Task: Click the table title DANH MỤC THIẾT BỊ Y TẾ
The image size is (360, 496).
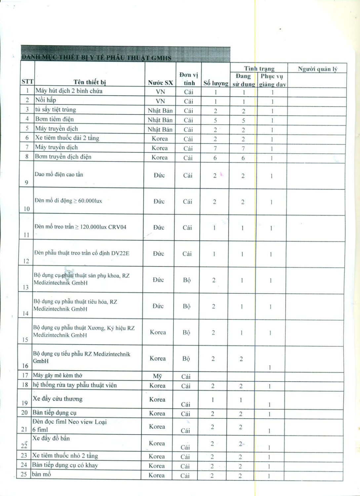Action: click(x=96, y=58)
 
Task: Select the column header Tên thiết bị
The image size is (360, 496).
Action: click(x=90, y=82)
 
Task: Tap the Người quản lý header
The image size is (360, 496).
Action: click(x=317, y=69)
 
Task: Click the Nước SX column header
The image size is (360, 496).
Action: click(x=160, y=83)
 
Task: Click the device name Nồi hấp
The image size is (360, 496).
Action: click(x=46, y=100)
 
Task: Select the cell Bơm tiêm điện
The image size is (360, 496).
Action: click(x=55, y=119)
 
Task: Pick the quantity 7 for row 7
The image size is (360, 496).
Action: click(x=215, y=148)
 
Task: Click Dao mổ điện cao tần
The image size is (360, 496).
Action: click(x=59, y=174)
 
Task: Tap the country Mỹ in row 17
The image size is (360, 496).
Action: click(x=158, y=376)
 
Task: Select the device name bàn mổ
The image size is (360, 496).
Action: click(x=42, y=474)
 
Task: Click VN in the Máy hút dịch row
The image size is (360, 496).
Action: click(x=160, y=92)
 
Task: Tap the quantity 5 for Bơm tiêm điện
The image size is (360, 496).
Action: click(x=216, y=120)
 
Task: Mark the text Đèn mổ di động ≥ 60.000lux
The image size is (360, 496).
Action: click(x=68, y=201)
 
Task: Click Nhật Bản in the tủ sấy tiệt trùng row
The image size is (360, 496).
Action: click(x=160, y=110)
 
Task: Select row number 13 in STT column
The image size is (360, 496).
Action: click(x=26, y=287)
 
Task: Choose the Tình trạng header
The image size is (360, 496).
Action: click(x=259, y=68)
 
